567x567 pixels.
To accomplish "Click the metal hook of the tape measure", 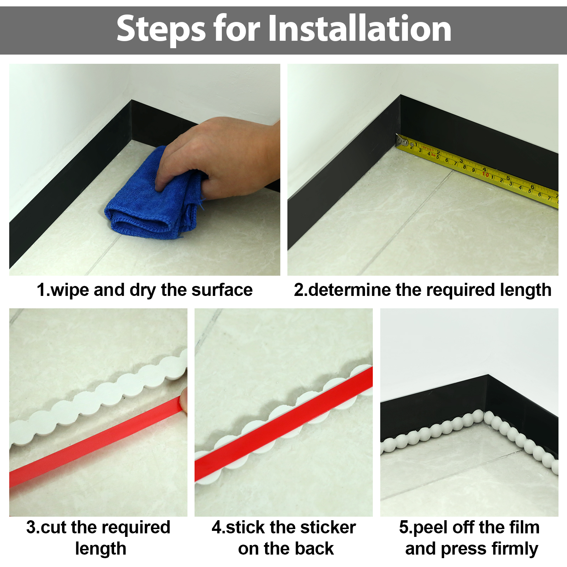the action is point(402,141).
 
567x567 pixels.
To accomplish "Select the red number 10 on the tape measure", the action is point(485,174).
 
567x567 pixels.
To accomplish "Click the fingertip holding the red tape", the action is point(183,400).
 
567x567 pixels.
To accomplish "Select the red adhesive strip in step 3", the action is point(96,443).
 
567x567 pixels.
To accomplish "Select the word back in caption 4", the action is point(314,549).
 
